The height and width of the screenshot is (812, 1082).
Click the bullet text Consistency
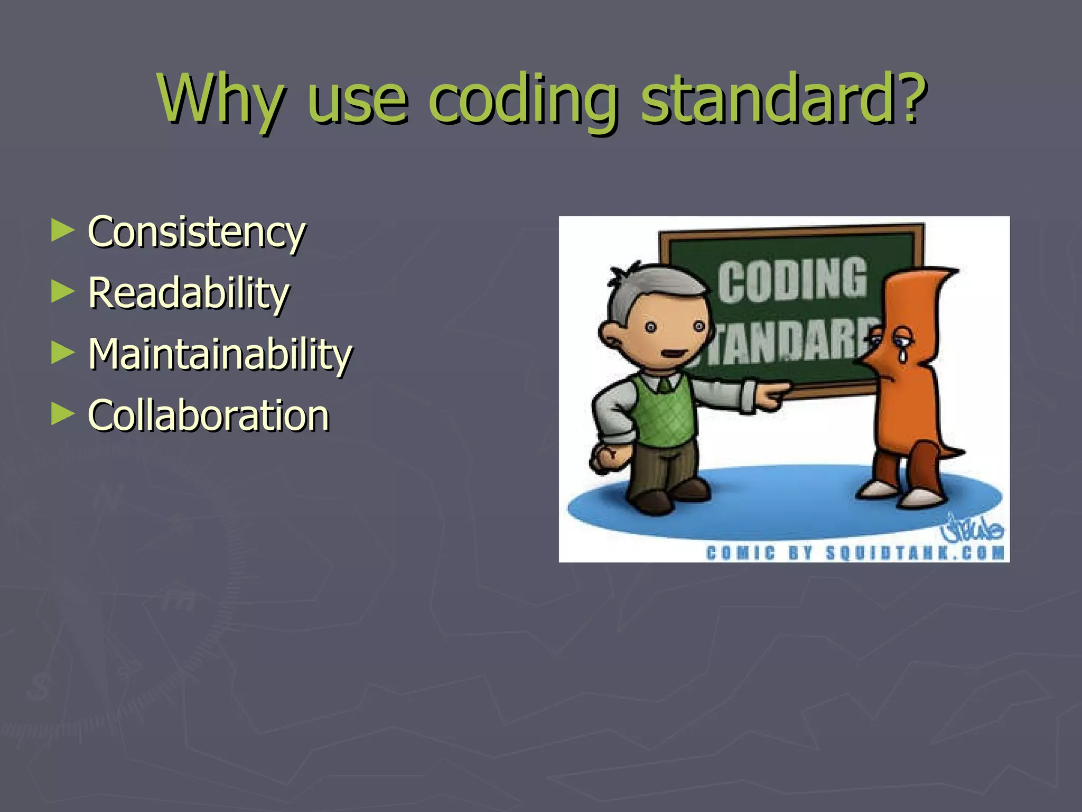(197, 233)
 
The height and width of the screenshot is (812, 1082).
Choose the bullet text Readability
(189, 293)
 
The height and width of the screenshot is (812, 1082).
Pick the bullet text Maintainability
(220, 355)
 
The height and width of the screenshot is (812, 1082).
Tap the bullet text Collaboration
(209, 416)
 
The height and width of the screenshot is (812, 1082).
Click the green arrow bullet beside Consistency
(62, 231)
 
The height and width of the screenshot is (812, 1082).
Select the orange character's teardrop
(903, 354)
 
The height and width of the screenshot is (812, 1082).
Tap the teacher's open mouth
(672, 354)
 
